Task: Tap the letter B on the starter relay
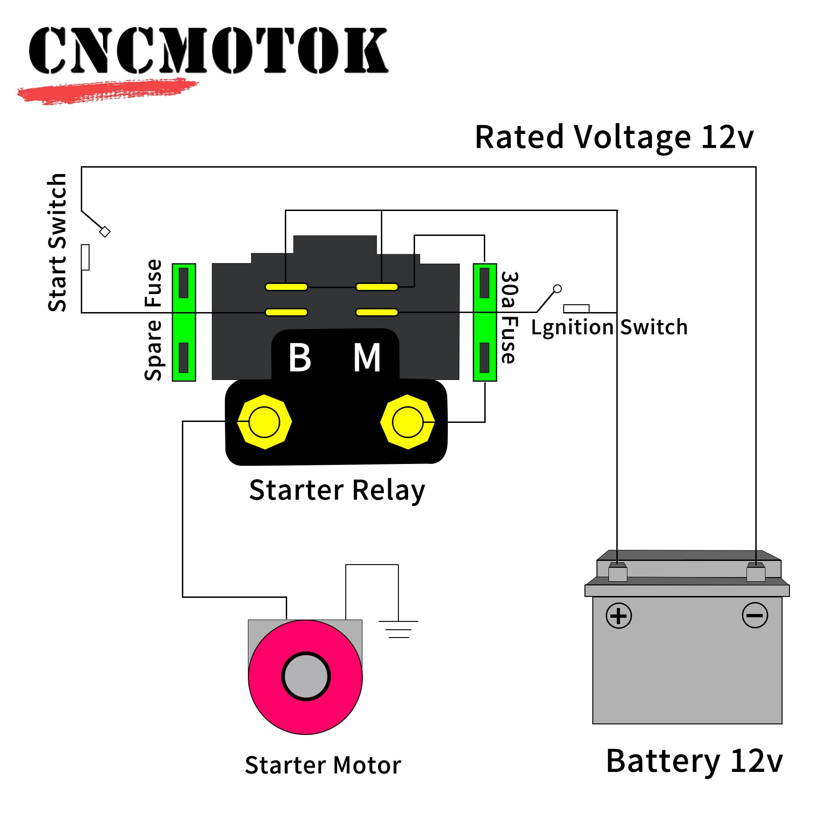[x=300, y=357]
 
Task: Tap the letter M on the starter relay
[x=367, y=357]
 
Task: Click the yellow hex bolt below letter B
[x=264, y=422]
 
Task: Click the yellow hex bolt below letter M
[x=407, y=422]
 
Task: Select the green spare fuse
[x=184, y=322]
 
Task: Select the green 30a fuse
[x=485, y=322]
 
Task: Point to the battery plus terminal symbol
[x=618, y=615]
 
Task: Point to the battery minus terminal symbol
[x=755, y=615]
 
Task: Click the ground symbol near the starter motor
[x=398, y=629]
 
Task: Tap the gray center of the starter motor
[x=306, y=676]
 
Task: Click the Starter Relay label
[x=337, y=490]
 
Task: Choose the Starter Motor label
[x=323, y=765]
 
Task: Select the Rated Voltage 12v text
[x=614, y=137]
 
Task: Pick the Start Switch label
[x=58, y=242]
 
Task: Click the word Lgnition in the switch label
[x=572, y=327]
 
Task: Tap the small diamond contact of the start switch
[x=105, y=232]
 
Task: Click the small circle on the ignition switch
[x=557, y=289]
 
